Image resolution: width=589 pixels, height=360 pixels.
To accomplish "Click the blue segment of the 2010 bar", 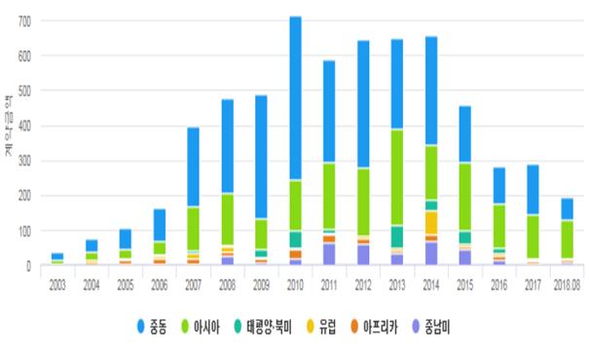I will pyautogui.click(x=294, y=97).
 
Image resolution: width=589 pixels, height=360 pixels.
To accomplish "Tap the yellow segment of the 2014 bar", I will pyautogui.click(x=430, y=222).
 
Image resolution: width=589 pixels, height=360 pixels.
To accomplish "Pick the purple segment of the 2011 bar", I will pyautogui.click(x=329, y=254).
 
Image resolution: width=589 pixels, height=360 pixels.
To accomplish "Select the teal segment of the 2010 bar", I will pyautogui.click(x=294, y=239).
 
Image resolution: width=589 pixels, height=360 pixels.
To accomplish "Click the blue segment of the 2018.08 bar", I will pyautogui.click(x=567, y=209).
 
